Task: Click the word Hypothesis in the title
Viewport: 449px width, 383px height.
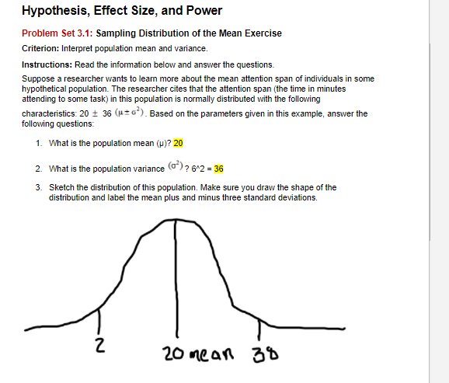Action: [54, 11]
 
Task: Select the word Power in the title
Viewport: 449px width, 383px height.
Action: [204, 11]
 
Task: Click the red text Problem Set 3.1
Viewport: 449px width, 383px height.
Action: [56, 33]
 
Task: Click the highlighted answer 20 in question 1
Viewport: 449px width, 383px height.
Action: [178, 144]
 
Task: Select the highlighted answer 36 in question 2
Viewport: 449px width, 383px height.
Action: [219, 169]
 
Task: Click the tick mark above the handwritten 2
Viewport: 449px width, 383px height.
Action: [99, 319]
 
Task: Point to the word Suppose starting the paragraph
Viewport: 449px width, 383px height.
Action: [40, 78]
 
